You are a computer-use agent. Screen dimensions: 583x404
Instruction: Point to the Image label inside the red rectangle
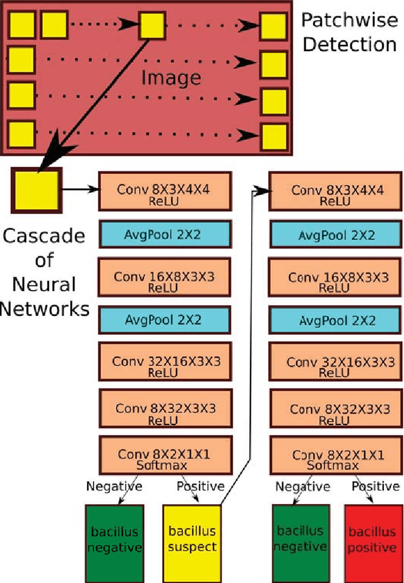pyautogui.click(x=170, y=78)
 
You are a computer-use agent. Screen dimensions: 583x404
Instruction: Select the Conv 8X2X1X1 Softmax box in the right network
pyautogui.click(x=336, y=459)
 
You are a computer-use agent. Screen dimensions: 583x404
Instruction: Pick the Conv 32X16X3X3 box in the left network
pyautogui.click(x=165, y=365)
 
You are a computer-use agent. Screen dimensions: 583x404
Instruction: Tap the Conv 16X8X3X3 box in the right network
pyautogui.click(x=336, y=281)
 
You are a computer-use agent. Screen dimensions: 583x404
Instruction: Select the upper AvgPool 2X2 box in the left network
pyautogui.click(x=165, y=235)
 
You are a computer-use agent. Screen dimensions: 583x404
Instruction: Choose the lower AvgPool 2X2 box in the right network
pyautogui.click(x=336, y=320)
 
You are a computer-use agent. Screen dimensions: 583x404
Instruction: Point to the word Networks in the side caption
pyautogui.click(x=44, y=309)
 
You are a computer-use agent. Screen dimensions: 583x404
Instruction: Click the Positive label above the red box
pyautogui.click(x=375, y=486)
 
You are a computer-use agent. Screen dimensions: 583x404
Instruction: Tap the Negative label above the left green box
pyautogui.click(x=114, y=486)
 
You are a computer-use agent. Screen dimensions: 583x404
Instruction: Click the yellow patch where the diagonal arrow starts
pyautogui.click(x=150, y=26)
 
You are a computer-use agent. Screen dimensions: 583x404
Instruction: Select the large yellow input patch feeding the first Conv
pyautogui.click(x=35, y=189)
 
